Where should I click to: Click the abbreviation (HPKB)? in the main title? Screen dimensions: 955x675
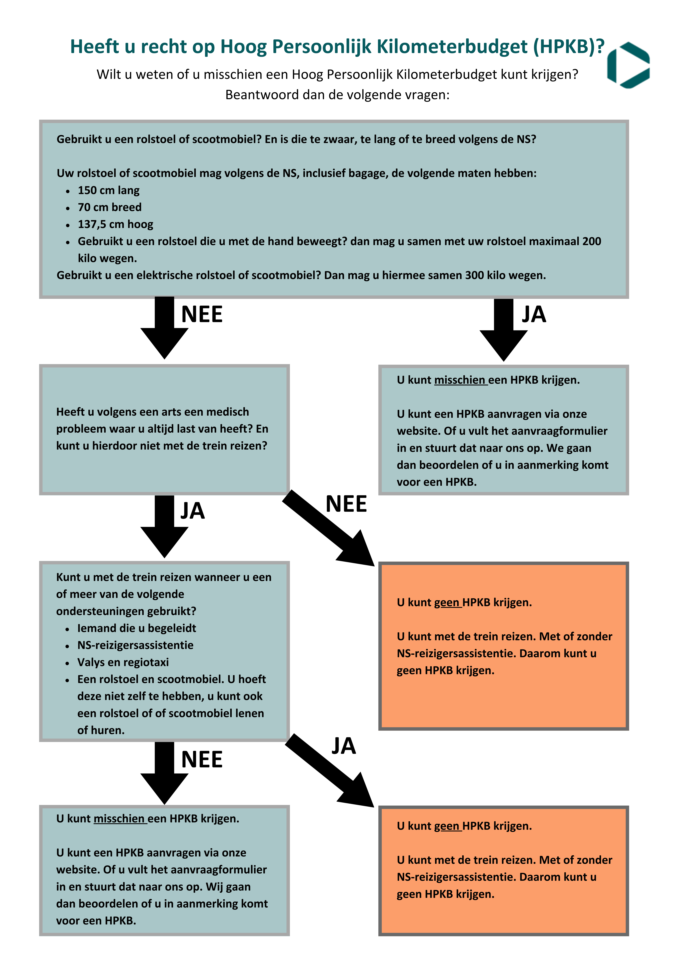click(x=569, y=47)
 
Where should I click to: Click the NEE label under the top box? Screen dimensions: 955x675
click(x=202, y=314)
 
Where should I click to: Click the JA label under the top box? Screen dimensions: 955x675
click(x=534, y=314)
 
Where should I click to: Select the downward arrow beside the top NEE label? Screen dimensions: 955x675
click(x=164, y=329)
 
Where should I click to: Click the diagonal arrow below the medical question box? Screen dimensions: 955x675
click(x=329, y=528)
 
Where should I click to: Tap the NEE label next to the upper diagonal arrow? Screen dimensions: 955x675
click(x=346, y=504)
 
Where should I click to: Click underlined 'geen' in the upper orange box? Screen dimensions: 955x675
click(x=448, y=603)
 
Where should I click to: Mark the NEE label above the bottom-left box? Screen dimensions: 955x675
click(x=202, y=760)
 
